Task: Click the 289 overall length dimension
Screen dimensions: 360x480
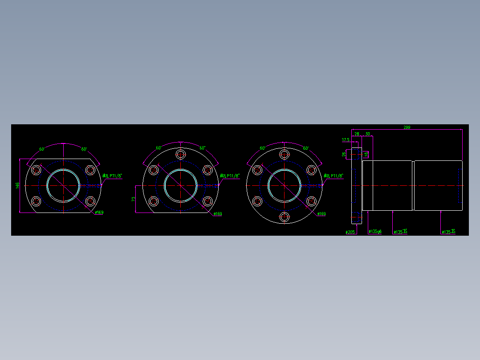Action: (407, 127)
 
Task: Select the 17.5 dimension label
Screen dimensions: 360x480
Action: (346, 140)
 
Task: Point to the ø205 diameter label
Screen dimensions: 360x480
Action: (350, 232)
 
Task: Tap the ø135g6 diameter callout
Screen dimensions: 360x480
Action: (375, 232)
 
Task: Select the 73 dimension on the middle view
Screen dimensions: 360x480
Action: (133, 199)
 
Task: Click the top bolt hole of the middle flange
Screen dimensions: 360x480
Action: (180, 154)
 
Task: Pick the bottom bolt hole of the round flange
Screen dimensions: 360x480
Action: (285, 217)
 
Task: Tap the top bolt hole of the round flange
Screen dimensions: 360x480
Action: (285, 154)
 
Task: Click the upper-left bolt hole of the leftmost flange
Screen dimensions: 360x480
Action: (37, 170)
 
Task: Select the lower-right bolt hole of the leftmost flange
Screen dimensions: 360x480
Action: (90, 201)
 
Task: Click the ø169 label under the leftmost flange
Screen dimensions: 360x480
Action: (99, 213)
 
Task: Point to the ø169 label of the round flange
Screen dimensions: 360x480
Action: (321, 214)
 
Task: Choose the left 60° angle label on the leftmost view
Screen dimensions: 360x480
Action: (42, 149)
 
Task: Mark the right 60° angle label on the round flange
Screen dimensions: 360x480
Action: (306, 148)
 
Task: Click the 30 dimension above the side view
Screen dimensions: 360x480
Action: (367, 134)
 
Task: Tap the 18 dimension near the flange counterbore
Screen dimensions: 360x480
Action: (366, 154)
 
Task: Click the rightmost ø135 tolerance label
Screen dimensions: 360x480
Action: (448, 232)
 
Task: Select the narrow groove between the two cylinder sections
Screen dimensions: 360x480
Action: (413, 185)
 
